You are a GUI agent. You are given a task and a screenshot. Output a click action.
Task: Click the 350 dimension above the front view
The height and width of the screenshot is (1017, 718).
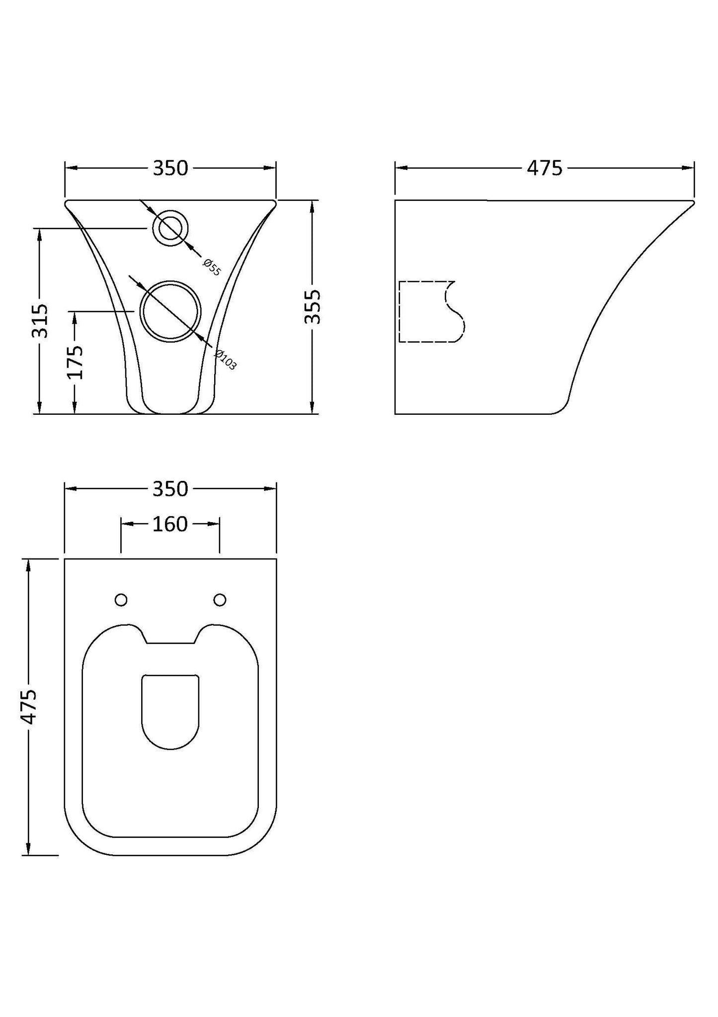pos(170,169)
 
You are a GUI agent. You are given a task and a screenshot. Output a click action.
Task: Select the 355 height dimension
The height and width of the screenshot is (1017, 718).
pos(313,307)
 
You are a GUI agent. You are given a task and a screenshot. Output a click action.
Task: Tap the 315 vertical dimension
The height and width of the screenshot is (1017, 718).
pos(40,321)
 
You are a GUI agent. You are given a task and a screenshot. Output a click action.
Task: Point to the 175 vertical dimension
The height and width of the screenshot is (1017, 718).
pos(75,362)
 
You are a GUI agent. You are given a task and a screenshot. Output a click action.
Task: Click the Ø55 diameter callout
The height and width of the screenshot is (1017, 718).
pos(212,267)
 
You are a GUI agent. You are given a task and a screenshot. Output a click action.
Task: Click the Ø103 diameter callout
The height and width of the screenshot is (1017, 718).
pos(226,360)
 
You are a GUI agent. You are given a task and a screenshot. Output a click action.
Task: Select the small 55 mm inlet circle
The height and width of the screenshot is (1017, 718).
pos(170,228)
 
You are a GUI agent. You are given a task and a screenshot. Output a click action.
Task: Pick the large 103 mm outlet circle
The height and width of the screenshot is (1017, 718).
pos(171,311)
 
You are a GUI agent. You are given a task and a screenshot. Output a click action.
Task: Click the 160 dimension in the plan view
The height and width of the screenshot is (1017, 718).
pos(170,524)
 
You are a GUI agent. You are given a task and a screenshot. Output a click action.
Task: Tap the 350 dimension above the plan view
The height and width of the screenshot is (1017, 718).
pos(170,489)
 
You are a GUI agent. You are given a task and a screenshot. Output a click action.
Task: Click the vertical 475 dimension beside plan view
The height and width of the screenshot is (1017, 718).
pos(28,707)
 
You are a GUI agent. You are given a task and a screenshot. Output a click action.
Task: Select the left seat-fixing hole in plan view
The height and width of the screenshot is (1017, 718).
pos(121,600)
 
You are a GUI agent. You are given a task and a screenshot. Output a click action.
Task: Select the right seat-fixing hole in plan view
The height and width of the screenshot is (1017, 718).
pos(220,600)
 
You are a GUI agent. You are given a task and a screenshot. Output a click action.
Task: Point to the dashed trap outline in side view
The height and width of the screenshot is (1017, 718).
pos(431,312)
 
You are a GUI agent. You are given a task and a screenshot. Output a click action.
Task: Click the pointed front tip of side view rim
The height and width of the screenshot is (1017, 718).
pos(692,202)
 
